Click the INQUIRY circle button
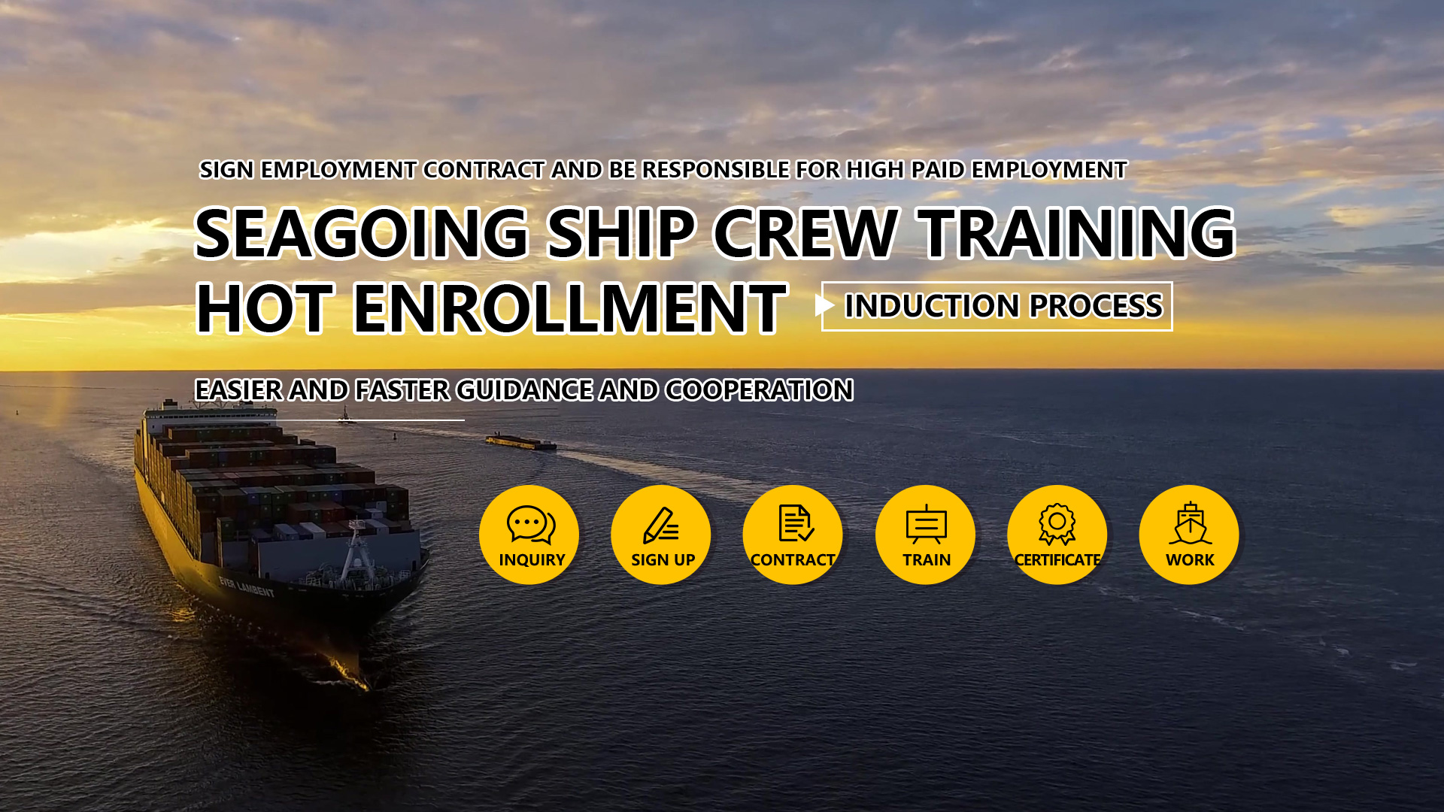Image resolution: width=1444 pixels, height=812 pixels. [x=529, y=535]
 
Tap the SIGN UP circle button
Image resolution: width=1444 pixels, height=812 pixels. [x=661, y=535]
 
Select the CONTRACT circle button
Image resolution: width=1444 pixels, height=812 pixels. [x=793, y=535]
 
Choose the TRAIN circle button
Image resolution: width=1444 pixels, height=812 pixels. [x=925, y=535]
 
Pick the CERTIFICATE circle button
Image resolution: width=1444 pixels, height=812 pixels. [x=1057, y=535]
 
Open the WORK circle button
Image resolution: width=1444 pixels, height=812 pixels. [x=1189, y=535]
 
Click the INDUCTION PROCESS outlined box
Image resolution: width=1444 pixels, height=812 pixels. [x=997, y=306]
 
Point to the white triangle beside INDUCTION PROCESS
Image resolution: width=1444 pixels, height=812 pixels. [x=824, y=305]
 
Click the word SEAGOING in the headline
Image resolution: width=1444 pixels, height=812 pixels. [x=362, y=233]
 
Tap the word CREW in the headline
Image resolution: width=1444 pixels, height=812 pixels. [x=805, y=233]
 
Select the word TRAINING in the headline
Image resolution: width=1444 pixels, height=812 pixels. [x=1076, y=233]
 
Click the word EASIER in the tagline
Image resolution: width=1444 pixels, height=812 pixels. [x=238, y=390]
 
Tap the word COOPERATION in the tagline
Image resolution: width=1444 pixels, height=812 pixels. [x=759, y=390]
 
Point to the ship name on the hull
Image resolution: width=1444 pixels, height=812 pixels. [x=246, y=586]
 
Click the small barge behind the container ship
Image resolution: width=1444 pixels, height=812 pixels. [x=521, y=442]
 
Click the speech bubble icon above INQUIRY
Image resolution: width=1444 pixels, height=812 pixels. [x=531, y=524]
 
